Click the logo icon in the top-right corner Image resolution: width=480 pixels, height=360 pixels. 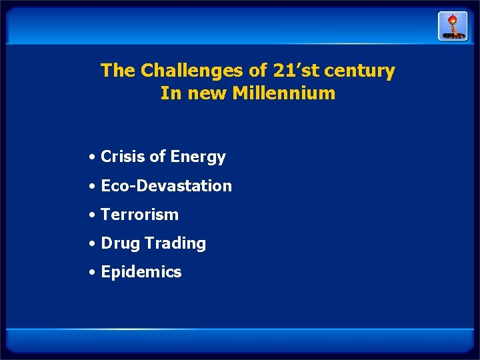452,26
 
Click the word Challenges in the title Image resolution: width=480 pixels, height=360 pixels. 182,71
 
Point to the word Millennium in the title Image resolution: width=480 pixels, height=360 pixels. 283,93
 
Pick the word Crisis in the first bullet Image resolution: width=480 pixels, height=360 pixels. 122,157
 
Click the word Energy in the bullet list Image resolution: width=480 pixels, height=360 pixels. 198,157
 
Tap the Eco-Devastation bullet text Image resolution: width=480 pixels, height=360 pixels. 166,186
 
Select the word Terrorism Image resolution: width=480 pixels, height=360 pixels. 139,215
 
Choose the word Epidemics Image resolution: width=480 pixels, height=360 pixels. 141,273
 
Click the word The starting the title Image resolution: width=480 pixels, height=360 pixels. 118,71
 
